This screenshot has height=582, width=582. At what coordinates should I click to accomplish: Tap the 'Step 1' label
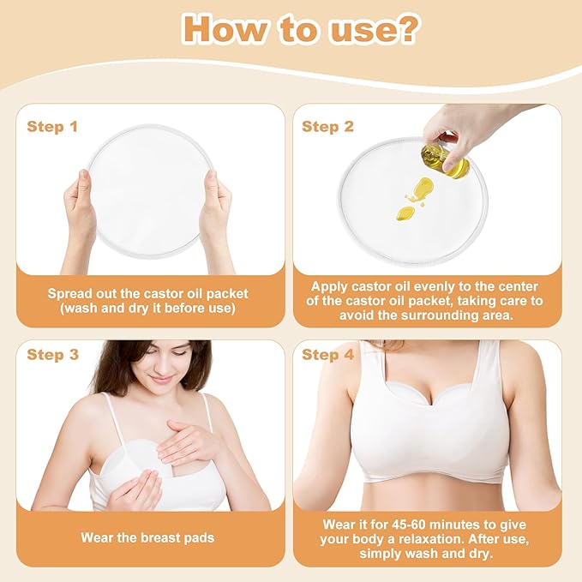coord(51,127)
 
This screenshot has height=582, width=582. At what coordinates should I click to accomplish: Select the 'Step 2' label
coord(327,127)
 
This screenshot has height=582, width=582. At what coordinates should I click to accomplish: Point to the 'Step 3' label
coord(51,355)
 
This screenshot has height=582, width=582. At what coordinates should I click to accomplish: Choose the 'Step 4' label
coord(327,355)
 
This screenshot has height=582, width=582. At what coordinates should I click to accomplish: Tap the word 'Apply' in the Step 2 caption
coord(331,286)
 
